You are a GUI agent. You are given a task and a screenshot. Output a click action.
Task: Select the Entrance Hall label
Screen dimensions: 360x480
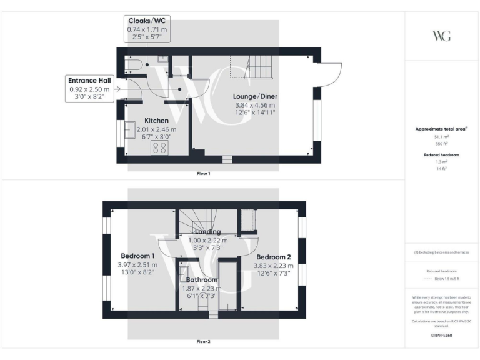pyautogui.click(x=89, y=81)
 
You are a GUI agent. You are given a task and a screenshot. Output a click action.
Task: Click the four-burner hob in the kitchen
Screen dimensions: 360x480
pyautogui.click(x=159, y=147)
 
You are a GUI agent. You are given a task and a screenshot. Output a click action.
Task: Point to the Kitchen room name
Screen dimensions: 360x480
pyautogui.click(x=156, y=120)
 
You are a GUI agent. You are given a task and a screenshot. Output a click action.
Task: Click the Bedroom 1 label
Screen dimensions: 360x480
pyautogui.click(x=137, y=256)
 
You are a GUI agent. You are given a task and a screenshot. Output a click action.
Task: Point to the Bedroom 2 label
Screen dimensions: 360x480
pyautogui.click(x=274, y=257)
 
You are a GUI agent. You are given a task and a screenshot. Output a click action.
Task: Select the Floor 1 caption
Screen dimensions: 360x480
pyautogui.click(x=204, y=173)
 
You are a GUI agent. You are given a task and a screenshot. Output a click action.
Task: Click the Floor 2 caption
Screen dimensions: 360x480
pyautogui.click(x=204, y=342)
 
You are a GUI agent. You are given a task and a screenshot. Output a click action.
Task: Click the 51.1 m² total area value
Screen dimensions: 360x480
pyautogui.click(x=441, y=136)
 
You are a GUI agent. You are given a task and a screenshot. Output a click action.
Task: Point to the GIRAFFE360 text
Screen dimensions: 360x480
pyautogui.click(x=441, y=336)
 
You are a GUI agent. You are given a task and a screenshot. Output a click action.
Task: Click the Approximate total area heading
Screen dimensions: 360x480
pyautogui.click(x=441, y=129)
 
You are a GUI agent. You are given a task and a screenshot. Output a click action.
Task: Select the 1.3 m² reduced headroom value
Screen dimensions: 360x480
pyautogui.click(x=441, y=161)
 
